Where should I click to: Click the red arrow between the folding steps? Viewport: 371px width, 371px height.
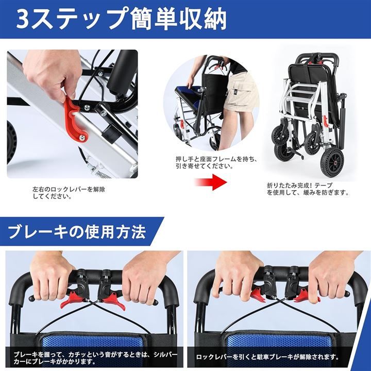coord(210,182)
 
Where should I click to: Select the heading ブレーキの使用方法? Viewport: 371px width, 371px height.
coord(77,232)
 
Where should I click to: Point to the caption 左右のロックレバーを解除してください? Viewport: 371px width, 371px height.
coord(69,193)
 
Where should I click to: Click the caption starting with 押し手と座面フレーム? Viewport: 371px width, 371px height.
coord(216,162)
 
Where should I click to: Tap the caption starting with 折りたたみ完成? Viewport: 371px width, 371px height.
coord(308,189)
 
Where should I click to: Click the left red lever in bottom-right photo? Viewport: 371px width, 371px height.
coord(259,294)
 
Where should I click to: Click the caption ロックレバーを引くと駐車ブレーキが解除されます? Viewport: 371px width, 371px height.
coord(267,357)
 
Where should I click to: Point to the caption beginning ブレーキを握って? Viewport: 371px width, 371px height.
coord(95,358)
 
